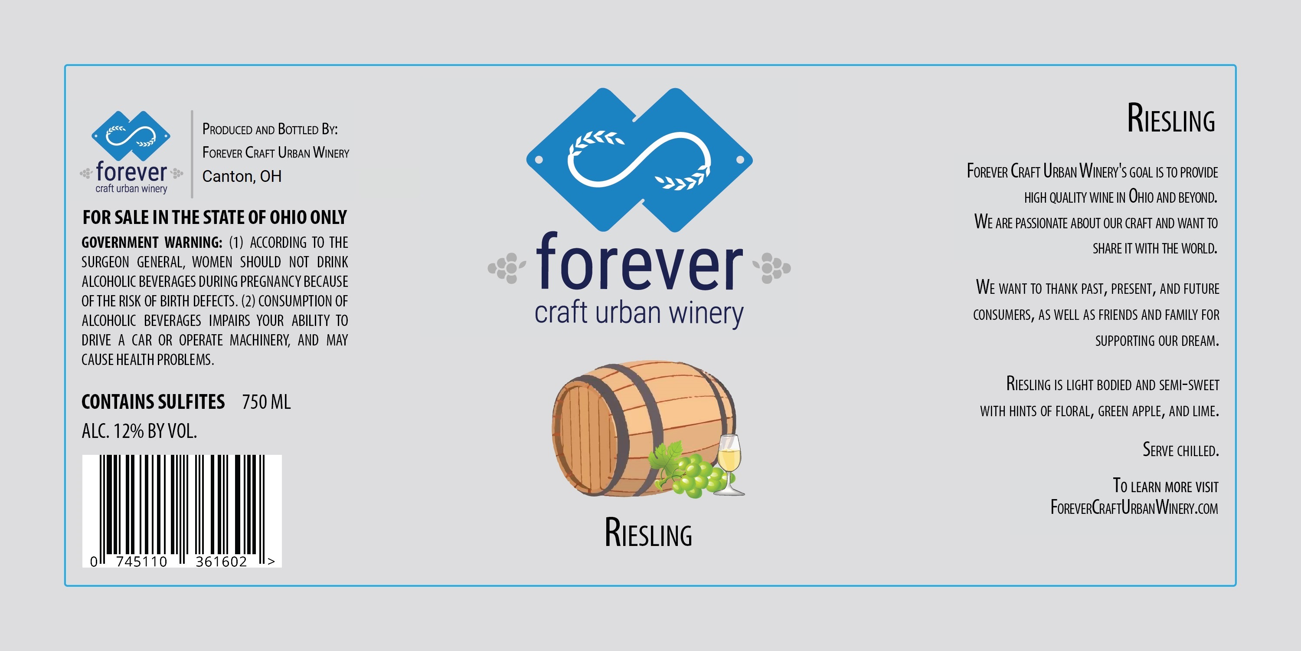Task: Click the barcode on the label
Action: [182, 510]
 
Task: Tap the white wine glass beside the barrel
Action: [730, 465]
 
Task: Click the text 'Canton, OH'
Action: [242, 176]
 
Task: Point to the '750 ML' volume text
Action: [266, 402]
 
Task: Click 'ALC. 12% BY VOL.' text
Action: [139, 431]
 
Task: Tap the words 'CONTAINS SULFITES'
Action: [153, 402]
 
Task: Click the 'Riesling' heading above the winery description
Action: [1171, 118]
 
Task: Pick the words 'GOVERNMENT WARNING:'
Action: [151, 243]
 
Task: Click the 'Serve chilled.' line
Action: [1181, 449]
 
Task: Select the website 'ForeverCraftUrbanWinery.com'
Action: [1134, 507]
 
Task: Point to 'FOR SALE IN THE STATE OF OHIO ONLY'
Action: [215, 217]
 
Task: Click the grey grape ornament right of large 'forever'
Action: [771, 267]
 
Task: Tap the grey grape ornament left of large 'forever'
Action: [507, 267]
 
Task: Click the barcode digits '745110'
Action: [141, 562]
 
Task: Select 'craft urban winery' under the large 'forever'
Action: [639, 314]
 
